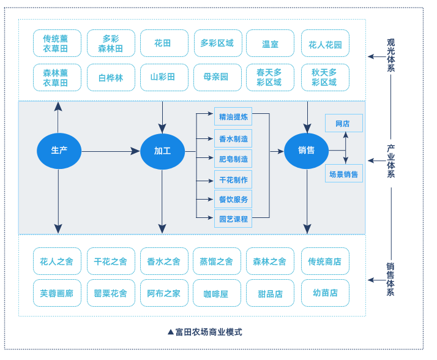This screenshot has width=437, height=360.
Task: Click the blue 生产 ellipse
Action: click(59, 151)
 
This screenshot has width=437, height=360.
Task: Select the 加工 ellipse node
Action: click(162, 151)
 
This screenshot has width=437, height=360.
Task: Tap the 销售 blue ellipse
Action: click(306, 151)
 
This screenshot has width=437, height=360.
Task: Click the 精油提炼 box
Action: click(233, 116)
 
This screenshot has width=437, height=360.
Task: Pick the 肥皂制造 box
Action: click(233, 159)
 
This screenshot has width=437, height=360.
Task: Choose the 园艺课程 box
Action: click(233, 219)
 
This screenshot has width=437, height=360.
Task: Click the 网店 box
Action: click(344, 123)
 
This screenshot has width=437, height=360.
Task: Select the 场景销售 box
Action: click(344, 173)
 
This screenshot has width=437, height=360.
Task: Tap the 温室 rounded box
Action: click(270, 43)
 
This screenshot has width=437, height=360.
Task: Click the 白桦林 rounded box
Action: click(111, 78)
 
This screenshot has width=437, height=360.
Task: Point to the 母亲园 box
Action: click(217, 78)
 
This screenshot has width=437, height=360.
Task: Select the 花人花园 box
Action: click(325, 43)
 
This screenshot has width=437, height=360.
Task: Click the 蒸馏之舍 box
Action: click(217, 261)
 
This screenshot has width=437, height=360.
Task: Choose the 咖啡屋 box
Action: click(217, 293)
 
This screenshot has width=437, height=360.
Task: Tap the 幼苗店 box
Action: click(325, 293)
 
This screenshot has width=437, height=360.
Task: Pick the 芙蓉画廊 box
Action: click(57, 293)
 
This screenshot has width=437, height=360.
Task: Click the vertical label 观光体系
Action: click(391, 55)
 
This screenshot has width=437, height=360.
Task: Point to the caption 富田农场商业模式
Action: click(209, 332)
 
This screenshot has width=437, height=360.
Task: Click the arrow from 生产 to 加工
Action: click(111, 151)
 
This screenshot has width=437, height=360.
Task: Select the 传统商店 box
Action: click(325, 261)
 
